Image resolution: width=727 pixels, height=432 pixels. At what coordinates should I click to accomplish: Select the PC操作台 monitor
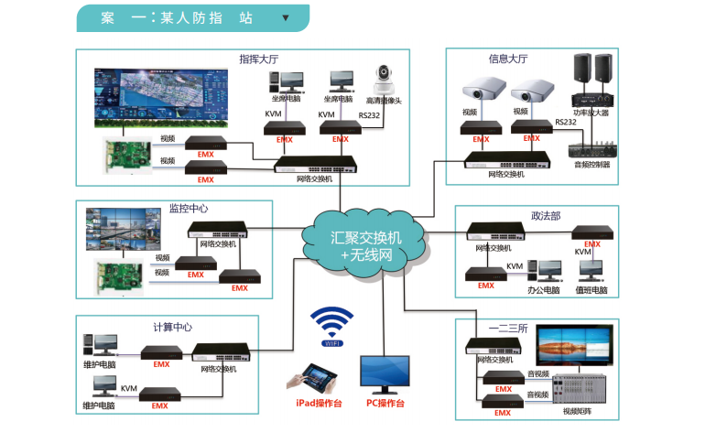click(x=385, y=374)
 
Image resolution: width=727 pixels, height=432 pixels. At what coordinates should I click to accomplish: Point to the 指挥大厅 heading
click(x=258, y=59)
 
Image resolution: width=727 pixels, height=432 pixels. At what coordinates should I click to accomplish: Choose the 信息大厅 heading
click(x=508, y=59)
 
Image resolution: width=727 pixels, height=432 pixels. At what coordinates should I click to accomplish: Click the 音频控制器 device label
click(x=591, y=165)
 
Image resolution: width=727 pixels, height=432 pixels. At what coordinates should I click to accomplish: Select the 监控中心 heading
click(x=189, y=209)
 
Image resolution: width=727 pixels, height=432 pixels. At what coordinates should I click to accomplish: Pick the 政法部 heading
click(x=546, y=216)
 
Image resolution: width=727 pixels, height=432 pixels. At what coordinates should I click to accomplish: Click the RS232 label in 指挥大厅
click(x=369, y=115)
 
